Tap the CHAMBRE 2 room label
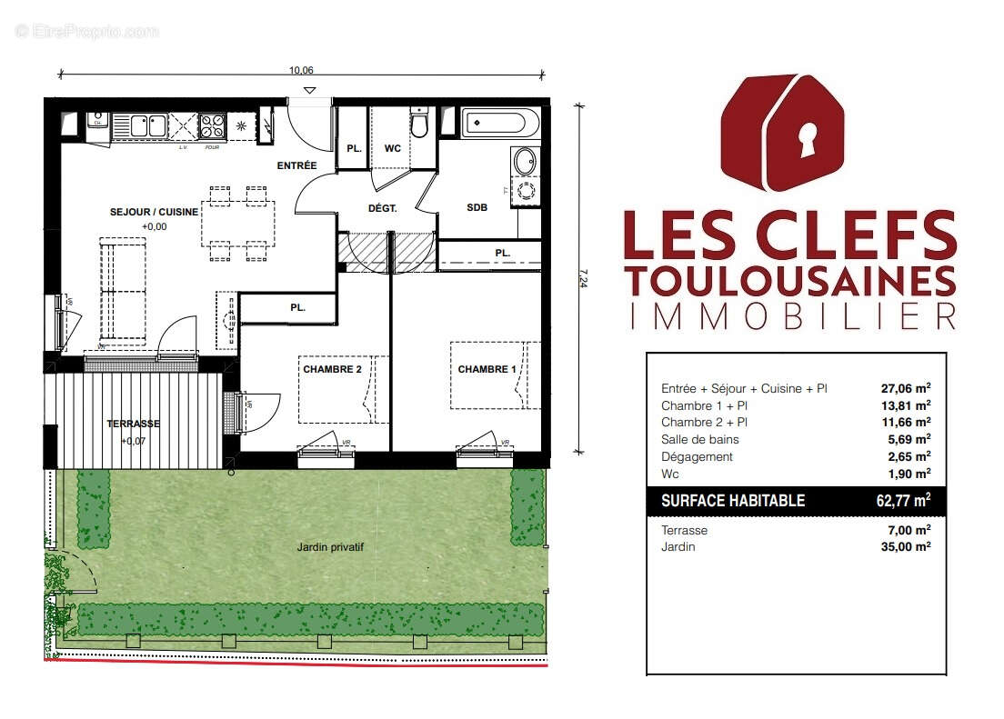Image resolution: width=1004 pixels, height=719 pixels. pos(332,369)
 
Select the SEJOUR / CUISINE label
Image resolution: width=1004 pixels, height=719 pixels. pos(153,212)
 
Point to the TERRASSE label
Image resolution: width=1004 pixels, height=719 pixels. pos(133,424)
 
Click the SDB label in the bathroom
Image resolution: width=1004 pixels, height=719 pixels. pos(477,207)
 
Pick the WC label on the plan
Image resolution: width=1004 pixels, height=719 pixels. pos(392,148)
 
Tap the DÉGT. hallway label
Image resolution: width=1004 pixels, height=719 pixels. pos(382,208)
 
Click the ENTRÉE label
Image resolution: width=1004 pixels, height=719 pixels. pos(296,165)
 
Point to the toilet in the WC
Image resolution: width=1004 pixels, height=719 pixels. pos(418,124)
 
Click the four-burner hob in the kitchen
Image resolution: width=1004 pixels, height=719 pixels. pos(213,124)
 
